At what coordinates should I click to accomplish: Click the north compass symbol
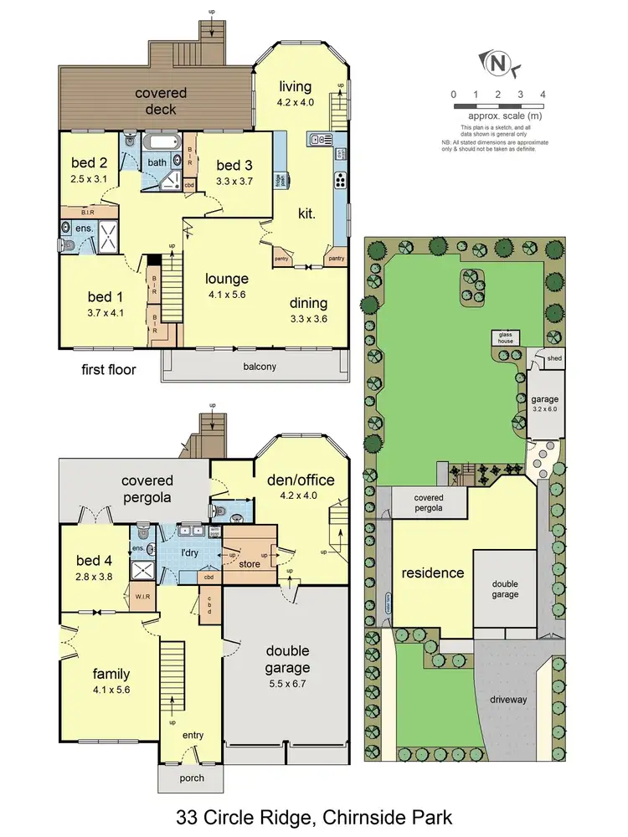[x=499, y=62]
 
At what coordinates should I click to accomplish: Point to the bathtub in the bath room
[x=157, y=143]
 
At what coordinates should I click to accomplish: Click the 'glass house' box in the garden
[x=507, y=337]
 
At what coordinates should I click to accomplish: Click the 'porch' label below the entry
[x=182, y=778]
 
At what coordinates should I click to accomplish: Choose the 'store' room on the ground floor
[x=249, y=564]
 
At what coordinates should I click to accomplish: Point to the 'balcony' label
[x=260, y=367]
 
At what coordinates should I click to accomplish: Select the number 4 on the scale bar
[x=543, y=94]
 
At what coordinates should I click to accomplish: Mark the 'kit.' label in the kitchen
[x=307, y=215]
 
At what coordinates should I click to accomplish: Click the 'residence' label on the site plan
[x=433, y=573]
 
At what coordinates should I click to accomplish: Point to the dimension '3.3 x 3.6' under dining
[x=309, y=319]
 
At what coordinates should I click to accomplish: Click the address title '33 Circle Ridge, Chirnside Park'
[x=313, y=814]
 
